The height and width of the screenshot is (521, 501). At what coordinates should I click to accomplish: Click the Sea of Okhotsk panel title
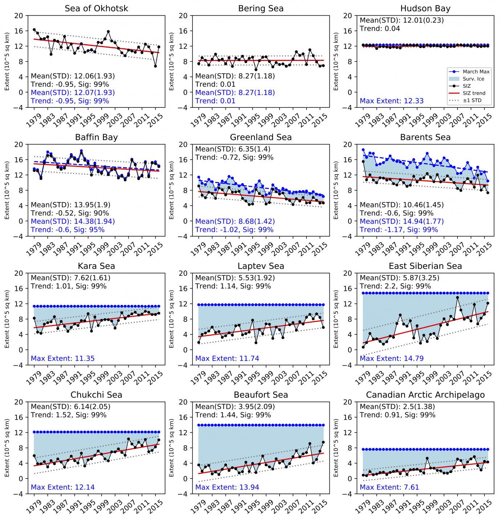coord(96,8)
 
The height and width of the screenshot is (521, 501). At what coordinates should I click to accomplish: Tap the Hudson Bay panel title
coord(425,8)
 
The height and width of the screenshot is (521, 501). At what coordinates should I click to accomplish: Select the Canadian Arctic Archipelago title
coord(425,395)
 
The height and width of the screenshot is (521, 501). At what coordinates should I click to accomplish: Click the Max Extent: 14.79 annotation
coord(391,358)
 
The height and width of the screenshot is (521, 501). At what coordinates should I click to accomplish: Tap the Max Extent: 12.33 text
coord(391,101)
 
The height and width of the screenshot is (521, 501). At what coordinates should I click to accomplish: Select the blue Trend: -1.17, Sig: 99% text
coord(399,230)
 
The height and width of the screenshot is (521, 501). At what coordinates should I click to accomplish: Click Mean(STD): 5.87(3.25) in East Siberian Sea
coord(399,278)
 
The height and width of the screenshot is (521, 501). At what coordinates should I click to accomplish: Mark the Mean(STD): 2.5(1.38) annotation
coord(397,407)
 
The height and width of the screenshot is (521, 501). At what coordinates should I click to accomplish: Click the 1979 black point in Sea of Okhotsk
coord(34,30)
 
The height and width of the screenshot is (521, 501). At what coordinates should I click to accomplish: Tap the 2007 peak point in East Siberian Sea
coord(457,298)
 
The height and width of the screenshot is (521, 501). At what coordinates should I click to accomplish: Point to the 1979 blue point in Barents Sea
coord(363,150)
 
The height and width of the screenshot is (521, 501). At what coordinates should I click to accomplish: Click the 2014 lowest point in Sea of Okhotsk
coord(155,66)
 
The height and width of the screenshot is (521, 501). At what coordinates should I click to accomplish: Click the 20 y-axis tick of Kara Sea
coord(19,273)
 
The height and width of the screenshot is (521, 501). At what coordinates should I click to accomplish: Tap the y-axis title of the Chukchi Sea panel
coord(7,448)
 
